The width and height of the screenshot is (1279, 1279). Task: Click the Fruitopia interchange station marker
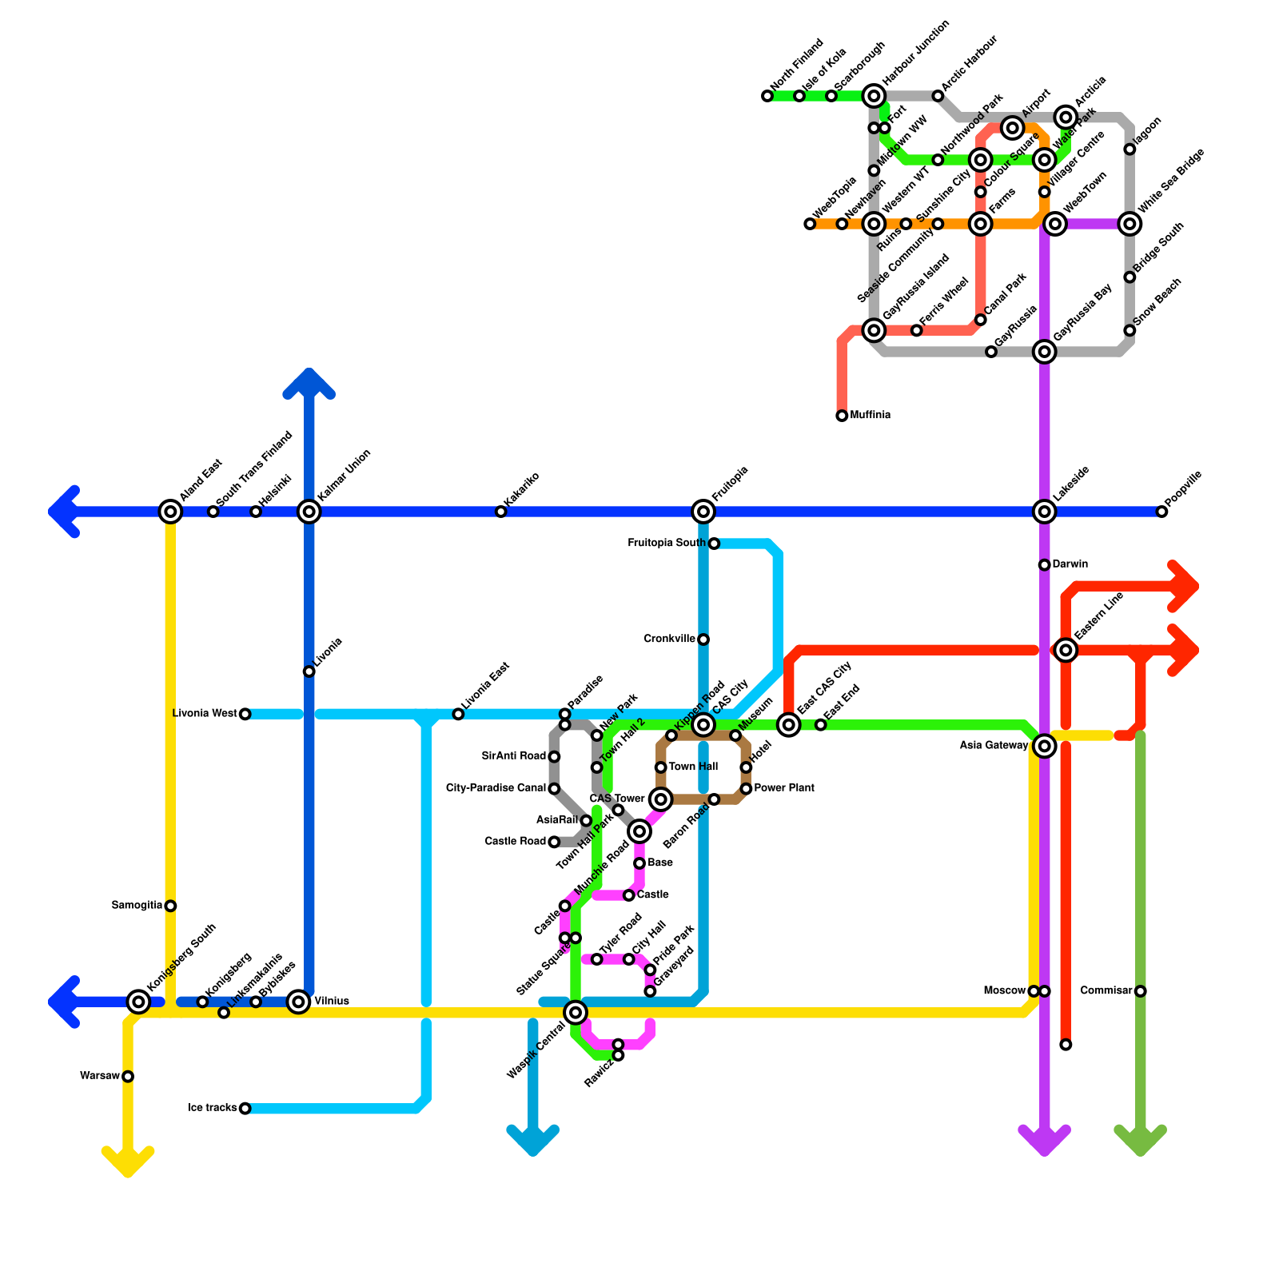click(703, 512)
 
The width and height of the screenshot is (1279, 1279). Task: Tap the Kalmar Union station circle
click(309, 512)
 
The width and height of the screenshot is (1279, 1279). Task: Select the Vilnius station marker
click(299, 1002)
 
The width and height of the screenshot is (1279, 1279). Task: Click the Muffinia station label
click(871, 416)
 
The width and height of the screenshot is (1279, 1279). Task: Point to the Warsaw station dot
click(128, 1077)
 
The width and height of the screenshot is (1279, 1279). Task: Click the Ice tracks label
click(212, 1108)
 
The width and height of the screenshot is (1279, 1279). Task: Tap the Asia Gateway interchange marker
click(1045, 747)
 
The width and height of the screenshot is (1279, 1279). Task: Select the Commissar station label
click(1106, 991)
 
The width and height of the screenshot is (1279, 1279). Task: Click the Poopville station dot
click(1162, 512)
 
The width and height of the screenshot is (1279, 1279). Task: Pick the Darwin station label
click(1070, 564)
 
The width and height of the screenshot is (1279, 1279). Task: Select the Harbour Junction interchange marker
click(875, 97)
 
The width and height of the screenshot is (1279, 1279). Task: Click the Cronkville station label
click(670, 639)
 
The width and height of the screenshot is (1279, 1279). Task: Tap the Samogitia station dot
click(170, 906)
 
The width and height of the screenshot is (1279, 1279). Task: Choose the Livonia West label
click(205, 714)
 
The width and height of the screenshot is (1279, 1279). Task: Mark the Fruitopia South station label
click(667, 544)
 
